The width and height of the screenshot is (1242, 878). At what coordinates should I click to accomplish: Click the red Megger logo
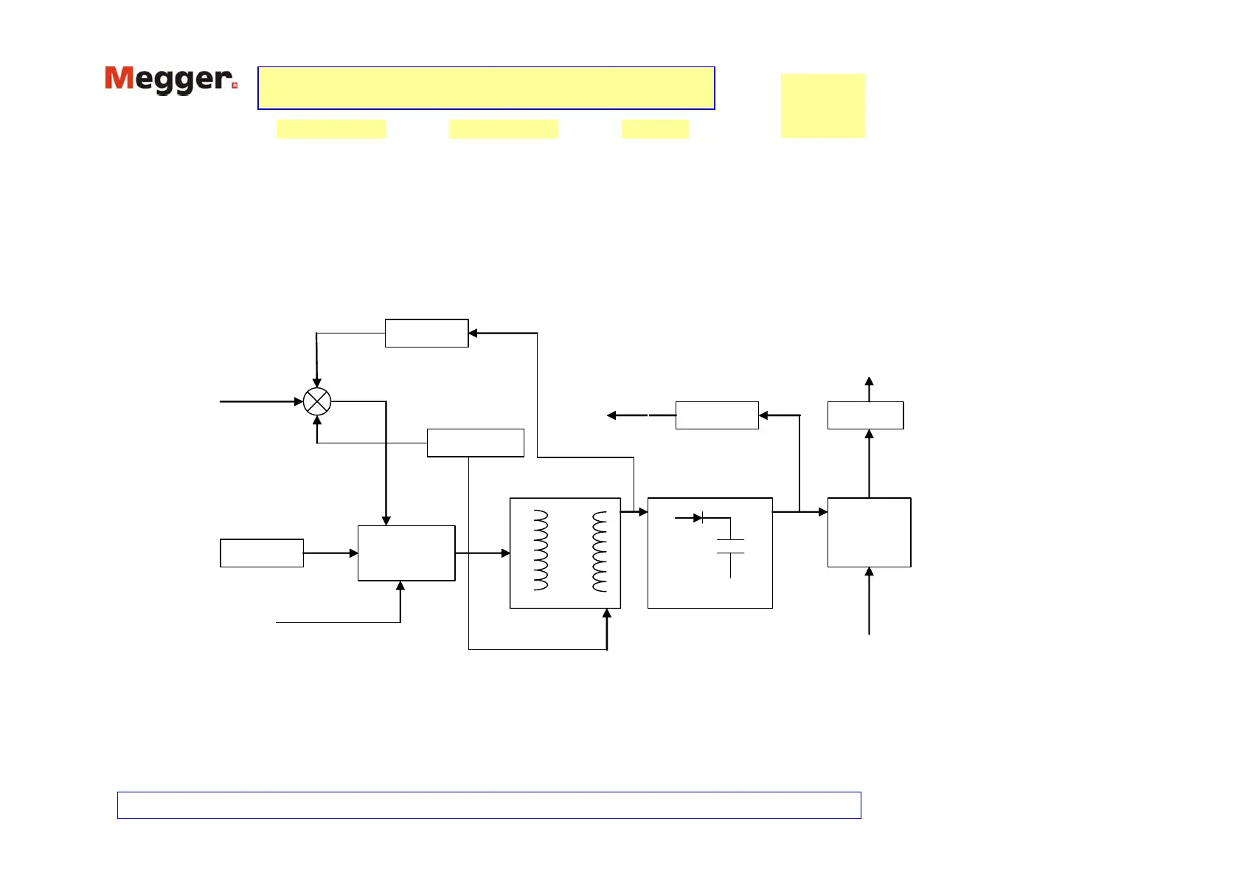[x=170, y=80]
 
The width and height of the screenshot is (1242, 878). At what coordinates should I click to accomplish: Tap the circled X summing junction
[x=317, y=401]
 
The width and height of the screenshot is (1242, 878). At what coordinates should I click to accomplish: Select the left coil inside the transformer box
[x=541, y=550]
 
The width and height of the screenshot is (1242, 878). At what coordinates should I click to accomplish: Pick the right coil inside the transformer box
[x=600, y=550]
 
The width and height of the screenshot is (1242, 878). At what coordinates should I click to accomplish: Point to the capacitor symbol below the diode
[x=730, y=547]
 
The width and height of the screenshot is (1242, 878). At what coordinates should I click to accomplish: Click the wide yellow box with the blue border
[x=486, y=88]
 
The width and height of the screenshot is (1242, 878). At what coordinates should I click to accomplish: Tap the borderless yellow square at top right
[x=822, y=106]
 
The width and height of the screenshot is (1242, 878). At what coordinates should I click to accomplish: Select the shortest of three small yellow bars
[x=655, y=129]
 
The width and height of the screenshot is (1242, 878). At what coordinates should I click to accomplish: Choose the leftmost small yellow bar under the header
[x=331, y=129]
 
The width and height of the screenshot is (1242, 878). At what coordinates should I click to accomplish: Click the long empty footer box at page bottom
[x=489, y=805]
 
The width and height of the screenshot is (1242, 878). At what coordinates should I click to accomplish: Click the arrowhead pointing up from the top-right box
[x=869, y=381]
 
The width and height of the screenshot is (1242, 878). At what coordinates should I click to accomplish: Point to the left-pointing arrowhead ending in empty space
[x=611, y=415]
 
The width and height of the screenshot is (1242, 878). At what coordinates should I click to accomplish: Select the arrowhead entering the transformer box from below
[x=607, y=613]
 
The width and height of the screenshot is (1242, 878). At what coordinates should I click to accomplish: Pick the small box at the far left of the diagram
[x=262, y=553]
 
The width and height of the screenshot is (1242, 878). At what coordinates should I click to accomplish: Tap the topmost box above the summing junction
[x=426, y=333]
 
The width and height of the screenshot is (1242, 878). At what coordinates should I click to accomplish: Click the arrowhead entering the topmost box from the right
[x=473, y=333]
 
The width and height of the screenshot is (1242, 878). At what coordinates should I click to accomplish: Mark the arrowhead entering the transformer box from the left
[x=505, y=553]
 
